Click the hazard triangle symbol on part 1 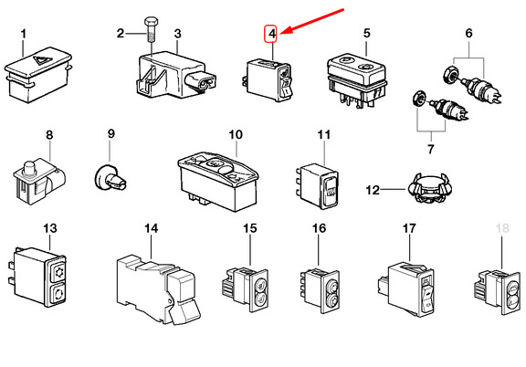41,60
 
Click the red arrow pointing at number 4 312,21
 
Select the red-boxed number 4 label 271,34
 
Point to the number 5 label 367,33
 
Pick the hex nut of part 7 418,98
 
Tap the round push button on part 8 29,167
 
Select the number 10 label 236,135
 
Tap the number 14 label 151,229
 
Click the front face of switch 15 260,291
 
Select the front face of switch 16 331,292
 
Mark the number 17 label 409,229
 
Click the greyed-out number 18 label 502,228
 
